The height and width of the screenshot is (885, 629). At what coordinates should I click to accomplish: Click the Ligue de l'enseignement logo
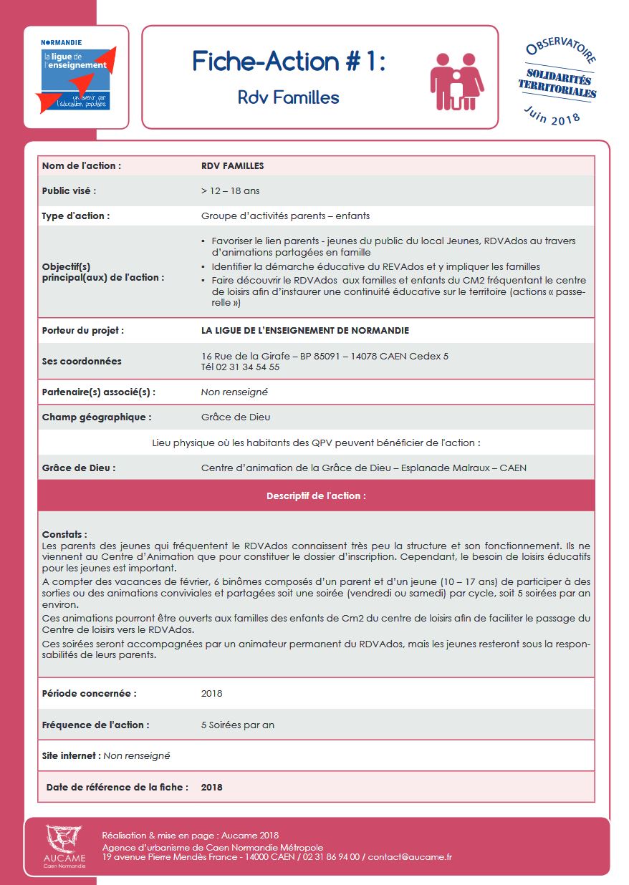76,77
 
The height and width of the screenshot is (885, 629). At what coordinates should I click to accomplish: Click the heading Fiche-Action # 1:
289,62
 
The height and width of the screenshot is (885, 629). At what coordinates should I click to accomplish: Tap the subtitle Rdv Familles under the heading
289,97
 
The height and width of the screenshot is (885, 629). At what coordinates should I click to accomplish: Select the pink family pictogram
456,81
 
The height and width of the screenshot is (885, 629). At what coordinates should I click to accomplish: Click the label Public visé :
69,191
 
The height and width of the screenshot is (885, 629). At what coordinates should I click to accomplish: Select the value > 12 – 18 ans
231,191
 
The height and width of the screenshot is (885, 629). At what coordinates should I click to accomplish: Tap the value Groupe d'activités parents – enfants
285,216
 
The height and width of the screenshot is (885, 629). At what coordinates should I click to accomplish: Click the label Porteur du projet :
83,331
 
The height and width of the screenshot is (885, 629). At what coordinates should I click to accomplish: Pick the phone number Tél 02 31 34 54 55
240,367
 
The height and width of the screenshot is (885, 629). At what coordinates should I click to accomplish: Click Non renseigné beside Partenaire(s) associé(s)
234,392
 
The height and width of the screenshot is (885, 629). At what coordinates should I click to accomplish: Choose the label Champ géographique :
97,417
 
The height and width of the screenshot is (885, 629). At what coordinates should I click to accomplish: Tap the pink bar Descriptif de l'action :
316,495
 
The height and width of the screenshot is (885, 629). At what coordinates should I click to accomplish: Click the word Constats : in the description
64,534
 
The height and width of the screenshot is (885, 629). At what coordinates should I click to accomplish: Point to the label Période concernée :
89,693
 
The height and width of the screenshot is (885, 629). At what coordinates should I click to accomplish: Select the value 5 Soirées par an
238,725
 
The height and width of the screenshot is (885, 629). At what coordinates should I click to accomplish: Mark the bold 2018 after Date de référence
212,787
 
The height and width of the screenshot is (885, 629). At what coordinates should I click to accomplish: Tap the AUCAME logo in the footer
64,847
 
